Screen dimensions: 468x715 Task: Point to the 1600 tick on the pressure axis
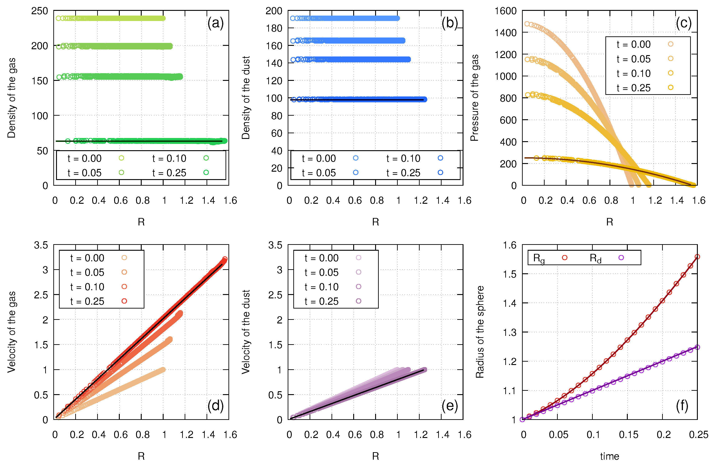(505, 11)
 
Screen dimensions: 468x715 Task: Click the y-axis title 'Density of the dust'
(246, 98)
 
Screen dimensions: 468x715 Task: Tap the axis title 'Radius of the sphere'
(480, 332)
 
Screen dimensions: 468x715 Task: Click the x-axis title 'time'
(609, 456)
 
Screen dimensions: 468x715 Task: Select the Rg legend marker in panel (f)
(564, 257)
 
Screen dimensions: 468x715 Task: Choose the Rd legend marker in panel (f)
(621, 257)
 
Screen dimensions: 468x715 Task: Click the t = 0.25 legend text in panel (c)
(633, 88)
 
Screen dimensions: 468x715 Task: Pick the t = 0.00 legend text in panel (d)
(87, 258)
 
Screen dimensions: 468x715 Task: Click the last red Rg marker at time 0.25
(697, 257)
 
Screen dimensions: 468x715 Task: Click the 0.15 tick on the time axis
(628, 435)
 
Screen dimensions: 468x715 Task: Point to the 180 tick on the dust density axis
(274, 28)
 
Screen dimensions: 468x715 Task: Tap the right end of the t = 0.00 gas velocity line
(163, 369)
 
